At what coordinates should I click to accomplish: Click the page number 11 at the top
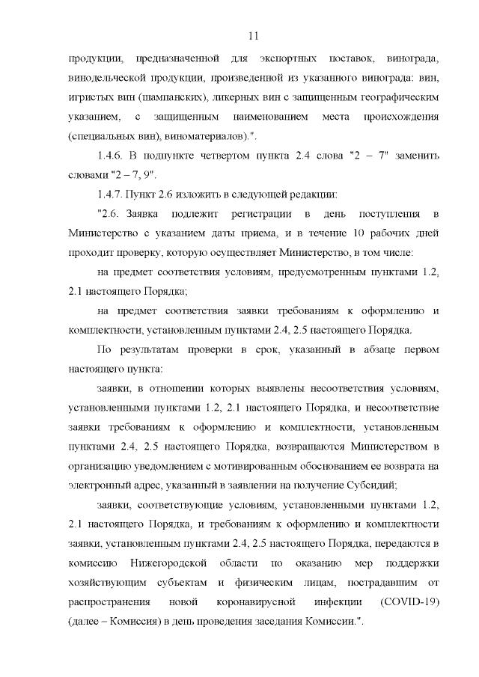(x=252, y=36)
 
